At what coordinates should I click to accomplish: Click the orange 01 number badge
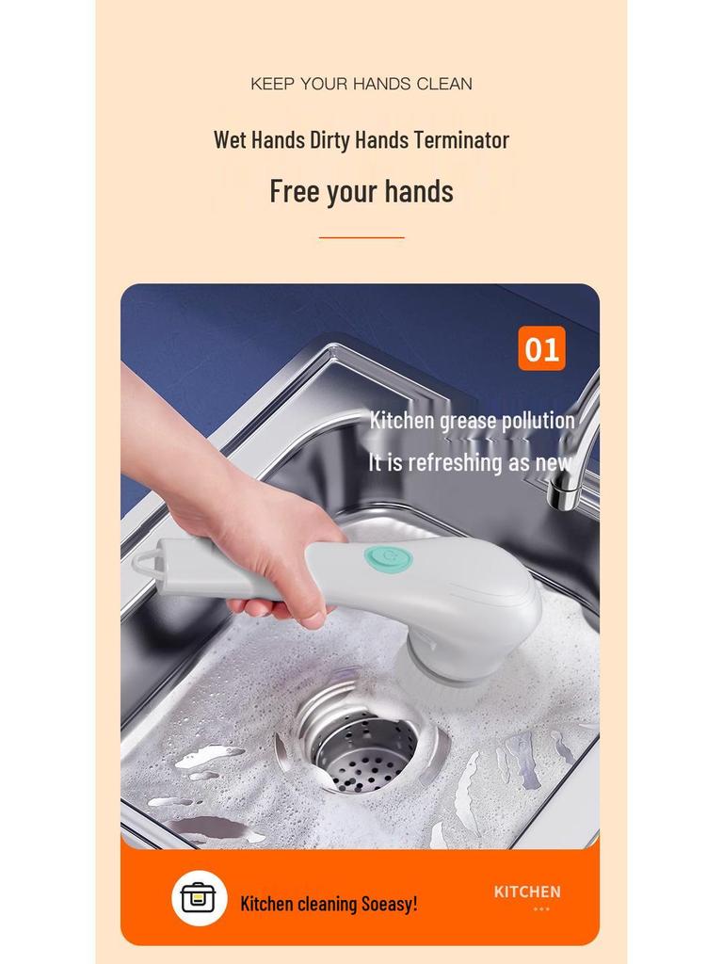point(541,349)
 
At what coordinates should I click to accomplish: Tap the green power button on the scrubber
point(389,559)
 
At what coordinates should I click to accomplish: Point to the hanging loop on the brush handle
point(147,564)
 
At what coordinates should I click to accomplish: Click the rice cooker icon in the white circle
point(199,898)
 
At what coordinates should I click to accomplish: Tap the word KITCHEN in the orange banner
point(527,892)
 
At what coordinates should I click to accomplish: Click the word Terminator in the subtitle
point(461,140)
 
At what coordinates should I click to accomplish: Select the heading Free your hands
point(361,191)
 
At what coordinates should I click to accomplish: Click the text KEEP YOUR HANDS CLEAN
point(361,84)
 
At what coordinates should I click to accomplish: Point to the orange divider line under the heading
point(361,237)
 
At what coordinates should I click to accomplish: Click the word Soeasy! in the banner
point(389,904)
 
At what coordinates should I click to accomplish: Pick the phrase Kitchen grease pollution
point(472,420)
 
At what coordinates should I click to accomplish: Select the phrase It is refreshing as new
point(469,462)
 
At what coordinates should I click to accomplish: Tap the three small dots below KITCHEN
point(541,909)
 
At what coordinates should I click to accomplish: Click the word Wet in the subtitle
point(230,140)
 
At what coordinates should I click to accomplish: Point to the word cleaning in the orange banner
point(327,904)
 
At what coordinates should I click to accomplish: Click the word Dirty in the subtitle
point(329,140)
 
